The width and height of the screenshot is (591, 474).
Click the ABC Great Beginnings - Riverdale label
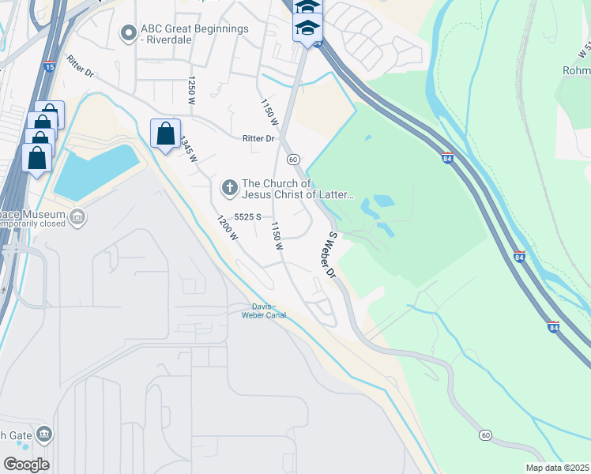pos(194,34)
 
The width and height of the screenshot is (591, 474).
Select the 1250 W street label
pos(191,90)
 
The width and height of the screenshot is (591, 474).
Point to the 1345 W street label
pos(187,149)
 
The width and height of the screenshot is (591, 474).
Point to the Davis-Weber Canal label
pos(263,311)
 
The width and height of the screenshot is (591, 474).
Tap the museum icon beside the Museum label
pos(77,216)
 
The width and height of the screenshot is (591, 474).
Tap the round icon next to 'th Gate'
pos(44,434)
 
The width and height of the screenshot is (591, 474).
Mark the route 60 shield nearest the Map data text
pos(485,435)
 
